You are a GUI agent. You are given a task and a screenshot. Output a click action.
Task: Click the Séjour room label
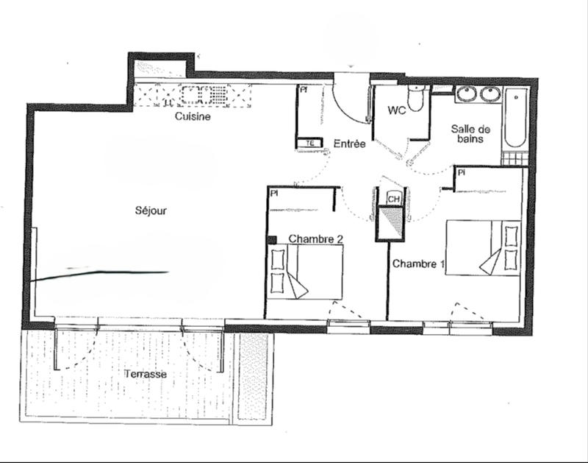click(x=151, y=211)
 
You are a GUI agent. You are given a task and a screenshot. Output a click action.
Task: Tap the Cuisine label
click(x=193, y=116)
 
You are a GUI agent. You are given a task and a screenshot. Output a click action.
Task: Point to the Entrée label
click(x=349, y=144)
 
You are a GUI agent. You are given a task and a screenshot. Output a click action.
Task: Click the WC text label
click(x=397, y=111)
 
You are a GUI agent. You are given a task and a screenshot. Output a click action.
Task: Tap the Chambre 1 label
click(x=418, y=263)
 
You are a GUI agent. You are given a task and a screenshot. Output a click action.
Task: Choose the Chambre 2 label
click(x=316, y=238)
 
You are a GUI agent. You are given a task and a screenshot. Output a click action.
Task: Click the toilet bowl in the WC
click(x=416, y=100)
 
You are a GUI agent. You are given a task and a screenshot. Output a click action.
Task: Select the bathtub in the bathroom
click(x=517, y=118)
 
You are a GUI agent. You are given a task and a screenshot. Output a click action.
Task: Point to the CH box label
click(x=394, y=199)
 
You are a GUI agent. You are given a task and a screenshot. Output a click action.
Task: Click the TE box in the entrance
click(x=310, y=143)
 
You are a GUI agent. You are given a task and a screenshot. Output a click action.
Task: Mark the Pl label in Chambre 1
click(x=462, y=172)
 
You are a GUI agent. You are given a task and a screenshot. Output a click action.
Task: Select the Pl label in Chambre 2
click(x=273, y=194)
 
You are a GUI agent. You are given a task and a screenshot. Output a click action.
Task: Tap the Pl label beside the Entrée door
click(x=303, y=91)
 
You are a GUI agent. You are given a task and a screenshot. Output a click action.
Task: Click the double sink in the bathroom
click(x=478, y=94)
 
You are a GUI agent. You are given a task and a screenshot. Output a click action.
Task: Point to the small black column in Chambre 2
click(x=271, y=239)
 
